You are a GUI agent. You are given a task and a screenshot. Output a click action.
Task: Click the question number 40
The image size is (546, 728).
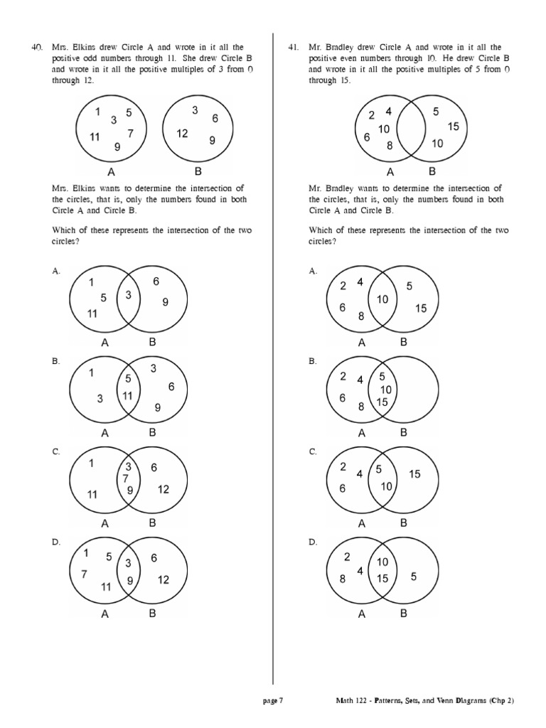pyautogui.click(x=38, y=47)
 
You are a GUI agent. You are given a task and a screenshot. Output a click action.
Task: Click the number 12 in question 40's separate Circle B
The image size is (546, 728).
pyautogui.click(x=182, y=133)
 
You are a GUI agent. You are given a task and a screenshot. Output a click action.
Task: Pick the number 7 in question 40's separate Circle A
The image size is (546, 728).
pyautogui.click(x=130, y=133)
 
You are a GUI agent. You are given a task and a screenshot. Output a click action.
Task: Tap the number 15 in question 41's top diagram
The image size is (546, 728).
pyautogui.click(x=454, y=127)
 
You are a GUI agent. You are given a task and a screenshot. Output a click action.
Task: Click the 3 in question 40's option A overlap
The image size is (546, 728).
pyautogui.click(x=129, y=295)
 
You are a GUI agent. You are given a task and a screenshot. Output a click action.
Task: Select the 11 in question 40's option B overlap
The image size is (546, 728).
pyautogui.click(x=129, y=395)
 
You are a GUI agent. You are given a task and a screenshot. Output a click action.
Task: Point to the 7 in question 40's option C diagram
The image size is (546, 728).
pyautogui.click(x=125, y=478)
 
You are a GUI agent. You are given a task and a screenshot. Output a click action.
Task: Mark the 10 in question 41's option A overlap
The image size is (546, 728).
pyautogui.click(x=383, y=299)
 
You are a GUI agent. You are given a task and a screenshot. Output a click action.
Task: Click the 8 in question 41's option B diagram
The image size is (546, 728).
pyautogui.click(x=362, y=407)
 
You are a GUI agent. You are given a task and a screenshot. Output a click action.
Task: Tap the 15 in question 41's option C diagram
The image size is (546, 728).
pyautogui.click(x=414, y=473)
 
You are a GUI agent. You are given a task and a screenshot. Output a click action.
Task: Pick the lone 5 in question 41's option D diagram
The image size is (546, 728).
pyautogui.click(x=413, y=577)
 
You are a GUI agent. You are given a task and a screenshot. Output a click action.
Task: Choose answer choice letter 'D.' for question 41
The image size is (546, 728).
pyautogui.click(x=312, y=542)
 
